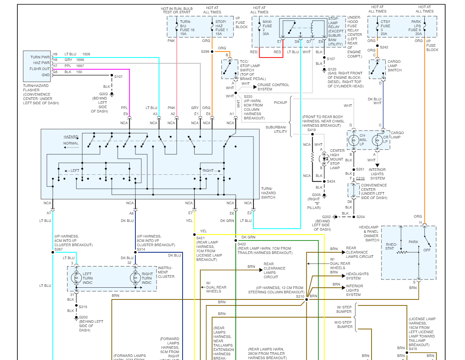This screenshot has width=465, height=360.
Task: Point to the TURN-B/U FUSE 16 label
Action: click(x=186, y=27)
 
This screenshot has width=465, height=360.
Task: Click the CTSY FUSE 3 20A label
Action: click(x=385, y=27)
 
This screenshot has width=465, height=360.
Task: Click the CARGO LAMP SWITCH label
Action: click(x=394, y=66)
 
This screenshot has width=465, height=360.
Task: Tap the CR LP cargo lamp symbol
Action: click(x=376, y=140)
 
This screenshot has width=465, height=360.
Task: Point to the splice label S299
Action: click(x=205, y=51)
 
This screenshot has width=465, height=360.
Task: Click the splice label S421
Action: click(x=200, y=238)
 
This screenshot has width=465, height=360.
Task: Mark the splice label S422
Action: click(x=241, y=244)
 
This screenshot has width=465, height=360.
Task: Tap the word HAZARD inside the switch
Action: click(x=71, y=137)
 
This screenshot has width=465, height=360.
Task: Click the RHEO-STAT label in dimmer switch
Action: click(x=391, y=246)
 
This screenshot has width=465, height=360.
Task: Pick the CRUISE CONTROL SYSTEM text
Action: click(x=273, y=87)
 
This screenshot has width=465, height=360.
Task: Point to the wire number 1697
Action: click(x=80, y=66)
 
